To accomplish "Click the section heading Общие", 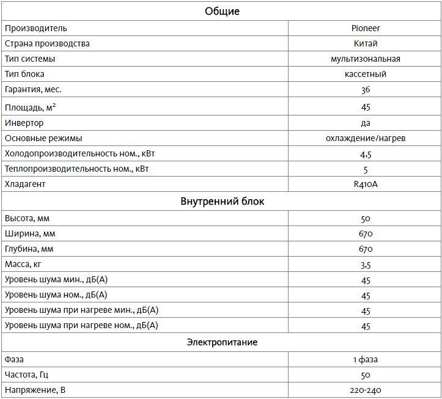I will tap(222, 11).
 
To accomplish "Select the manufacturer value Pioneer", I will tap(366, 28).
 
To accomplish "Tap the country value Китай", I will tap(366, 43).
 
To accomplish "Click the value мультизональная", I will tap(366, 59).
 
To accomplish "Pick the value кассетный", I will tap(366, 74).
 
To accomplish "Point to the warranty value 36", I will tap(366, 90).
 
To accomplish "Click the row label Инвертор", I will tap(24, 123).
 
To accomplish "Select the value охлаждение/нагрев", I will tap(366, 138).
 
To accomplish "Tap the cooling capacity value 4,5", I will tap(366, 154).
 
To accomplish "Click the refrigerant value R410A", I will tap(366, 184).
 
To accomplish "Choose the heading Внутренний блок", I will tap(222, 201).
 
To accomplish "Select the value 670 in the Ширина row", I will tap(366, 233).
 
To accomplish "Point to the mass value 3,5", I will tap(366, 265).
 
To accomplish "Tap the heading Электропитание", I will tap(222, 342).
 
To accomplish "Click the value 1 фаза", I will tap(366, 359).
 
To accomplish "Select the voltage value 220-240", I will tap(366, 390).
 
